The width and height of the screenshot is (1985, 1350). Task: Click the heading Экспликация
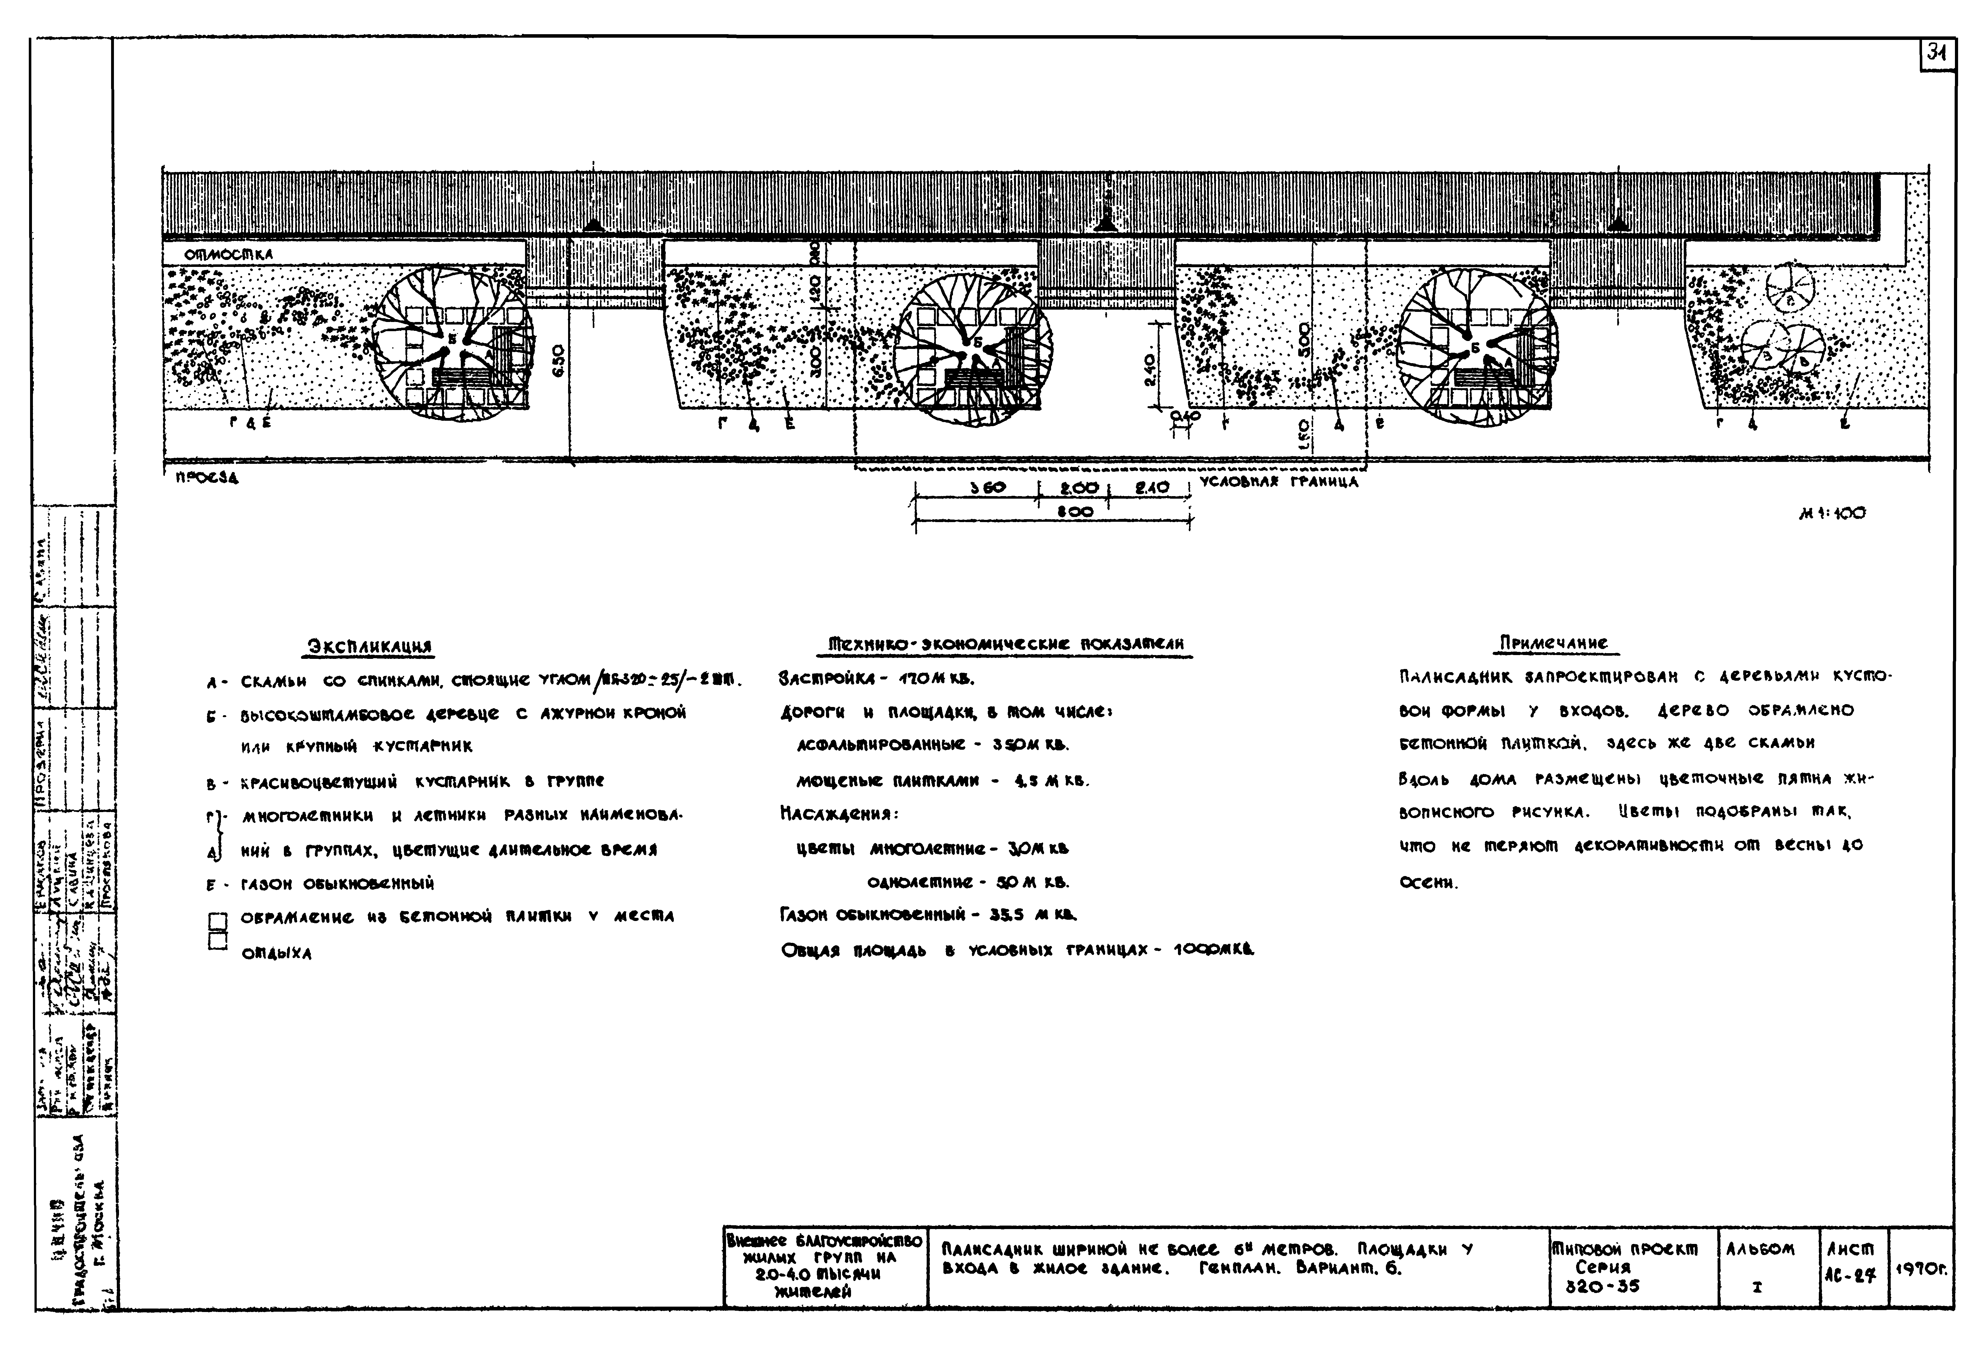369,647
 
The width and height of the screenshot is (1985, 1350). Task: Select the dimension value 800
1075,513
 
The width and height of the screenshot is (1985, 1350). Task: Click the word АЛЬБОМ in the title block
1760,1249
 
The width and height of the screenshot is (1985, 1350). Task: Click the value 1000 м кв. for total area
1213,949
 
